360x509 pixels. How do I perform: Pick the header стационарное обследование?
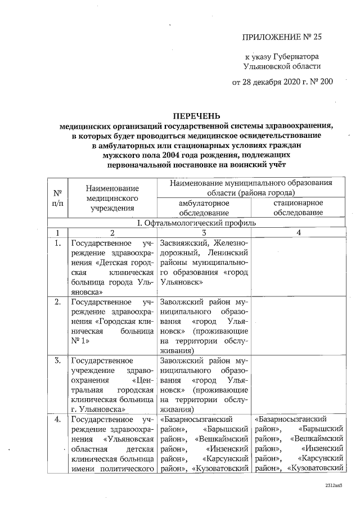coord(298,208)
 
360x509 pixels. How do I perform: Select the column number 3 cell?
coord(204,232)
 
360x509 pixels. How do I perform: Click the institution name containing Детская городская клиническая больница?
coord(112,267)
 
